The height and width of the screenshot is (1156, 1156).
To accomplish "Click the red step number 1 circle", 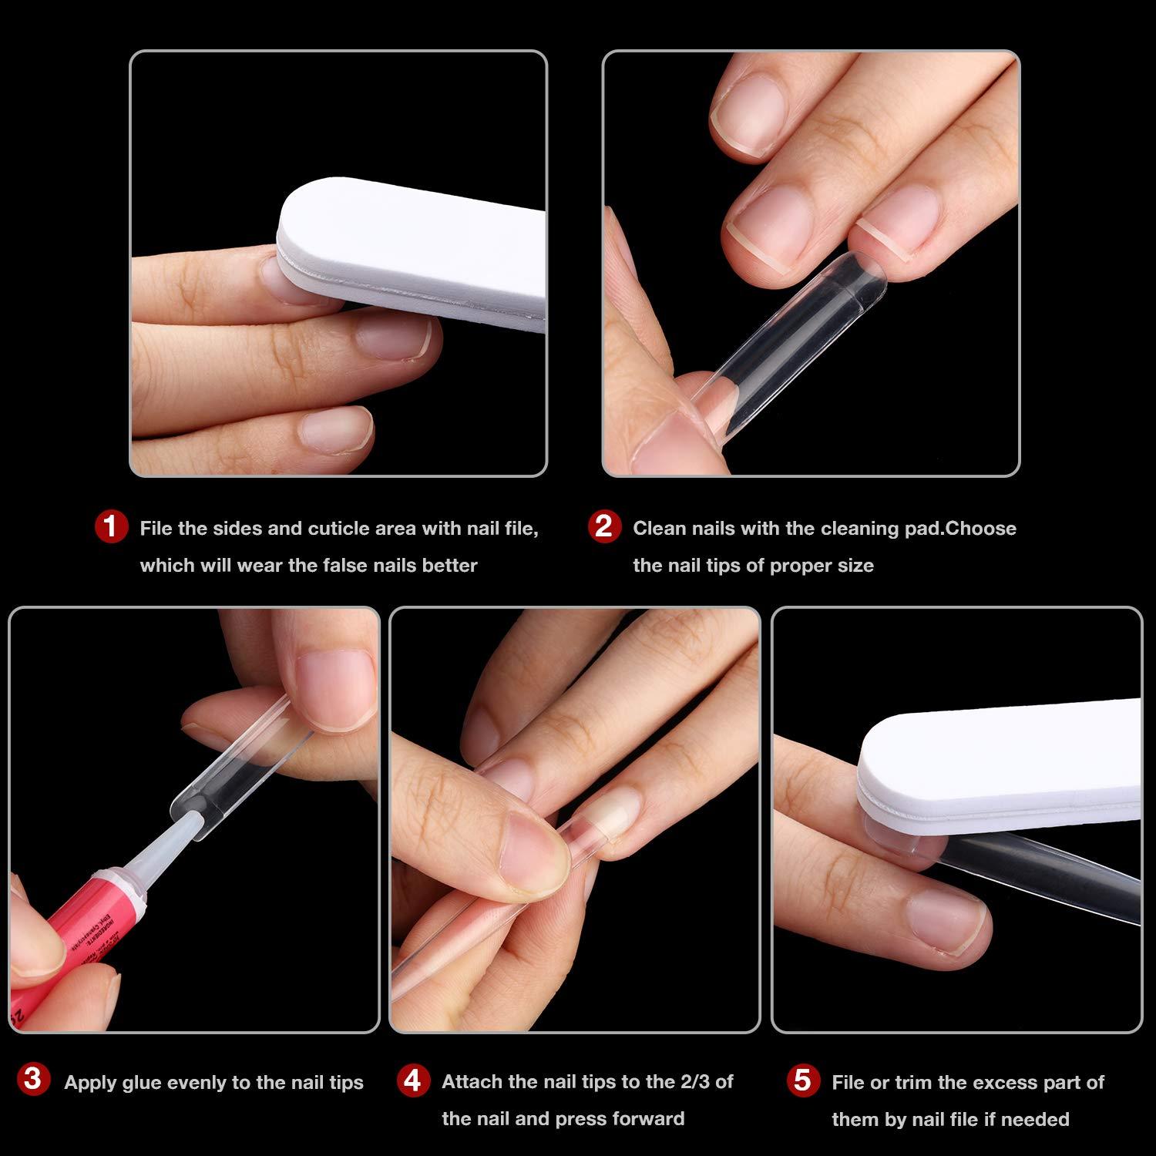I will pyautogui.click(x=111, y=527).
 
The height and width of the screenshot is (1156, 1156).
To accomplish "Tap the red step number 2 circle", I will pyautogui.click(x=603, y=527).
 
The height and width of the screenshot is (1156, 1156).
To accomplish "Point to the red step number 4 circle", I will pyautogui.click(x=412, y=1081).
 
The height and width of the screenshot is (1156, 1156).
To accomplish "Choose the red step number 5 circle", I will pyautogui.click(x=802, y=1080).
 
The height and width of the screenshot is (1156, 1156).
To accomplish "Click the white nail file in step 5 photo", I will pyautogui.click(x=1002, y=763).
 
